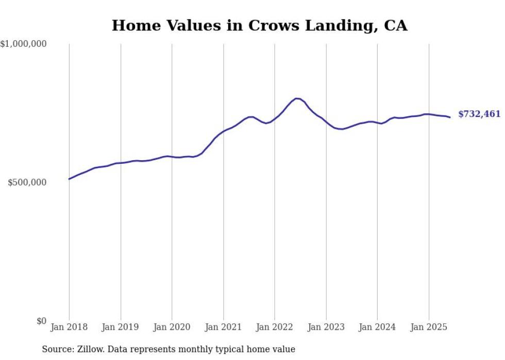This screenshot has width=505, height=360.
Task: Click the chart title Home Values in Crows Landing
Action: coord(259,25)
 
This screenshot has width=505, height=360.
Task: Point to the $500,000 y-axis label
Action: coord(27,183)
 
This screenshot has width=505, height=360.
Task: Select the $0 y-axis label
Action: coord(41,321)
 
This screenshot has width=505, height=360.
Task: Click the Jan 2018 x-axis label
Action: coord(69,327)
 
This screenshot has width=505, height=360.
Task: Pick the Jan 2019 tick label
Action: coord(121,327)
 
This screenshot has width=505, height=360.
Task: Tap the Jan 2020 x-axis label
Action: coord(172,327)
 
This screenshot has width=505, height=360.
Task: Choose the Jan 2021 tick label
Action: coord(223,327)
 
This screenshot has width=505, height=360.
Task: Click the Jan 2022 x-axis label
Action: coord(275,327)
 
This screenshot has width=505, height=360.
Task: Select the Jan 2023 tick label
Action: coord(326,327)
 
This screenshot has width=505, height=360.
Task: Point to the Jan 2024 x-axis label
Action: coord(377,327)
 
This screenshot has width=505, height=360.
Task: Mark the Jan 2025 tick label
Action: coord(428,327)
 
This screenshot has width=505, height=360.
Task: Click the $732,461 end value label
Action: coord(479,114)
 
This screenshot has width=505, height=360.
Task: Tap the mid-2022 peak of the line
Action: coord(297,98)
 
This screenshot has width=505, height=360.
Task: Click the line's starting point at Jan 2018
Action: coord(69,179)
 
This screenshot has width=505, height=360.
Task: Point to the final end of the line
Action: coord(450,117)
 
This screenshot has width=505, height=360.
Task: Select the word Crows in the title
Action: coord(275,25)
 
